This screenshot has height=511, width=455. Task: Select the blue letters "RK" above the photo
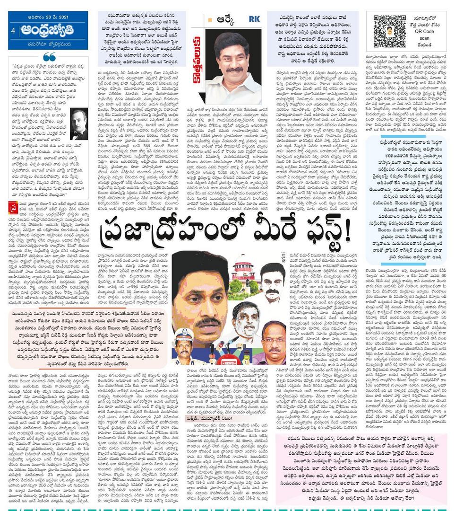coord(255,19)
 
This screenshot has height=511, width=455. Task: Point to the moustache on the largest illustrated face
coord(208,323)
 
